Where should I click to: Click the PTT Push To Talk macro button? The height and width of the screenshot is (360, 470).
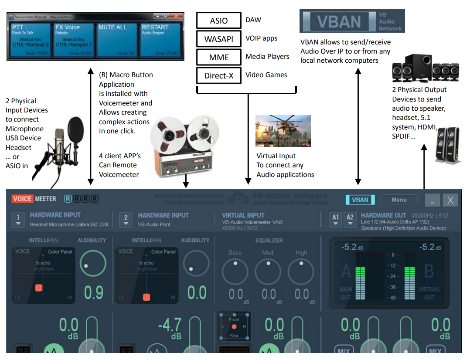(30, 40)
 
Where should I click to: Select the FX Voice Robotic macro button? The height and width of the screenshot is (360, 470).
(73, 40)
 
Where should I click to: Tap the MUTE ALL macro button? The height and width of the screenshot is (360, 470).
(116, 40)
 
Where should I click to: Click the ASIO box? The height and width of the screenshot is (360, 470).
(218, 20)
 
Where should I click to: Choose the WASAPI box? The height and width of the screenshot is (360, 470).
(218, 39)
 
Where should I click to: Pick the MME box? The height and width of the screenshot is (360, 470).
(218, 57)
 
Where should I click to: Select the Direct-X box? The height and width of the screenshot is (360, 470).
(218, 75)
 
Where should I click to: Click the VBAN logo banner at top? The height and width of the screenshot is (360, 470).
(352, 21)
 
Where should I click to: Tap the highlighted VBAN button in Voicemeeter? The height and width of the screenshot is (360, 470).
(360, 200)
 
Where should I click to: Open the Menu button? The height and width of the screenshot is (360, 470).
(398, 200)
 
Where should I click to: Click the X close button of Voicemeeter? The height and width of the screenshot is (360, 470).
(450, 200)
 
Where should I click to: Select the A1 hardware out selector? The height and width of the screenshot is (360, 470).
(335, 219)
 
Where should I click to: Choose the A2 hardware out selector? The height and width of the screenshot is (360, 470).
(350, 219)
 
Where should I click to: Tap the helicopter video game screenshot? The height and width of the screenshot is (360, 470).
(283, 130)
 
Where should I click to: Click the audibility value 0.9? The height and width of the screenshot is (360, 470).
(93, 292)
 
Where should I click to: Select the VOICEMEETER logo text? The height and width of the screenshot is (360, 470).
(34, 199)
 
